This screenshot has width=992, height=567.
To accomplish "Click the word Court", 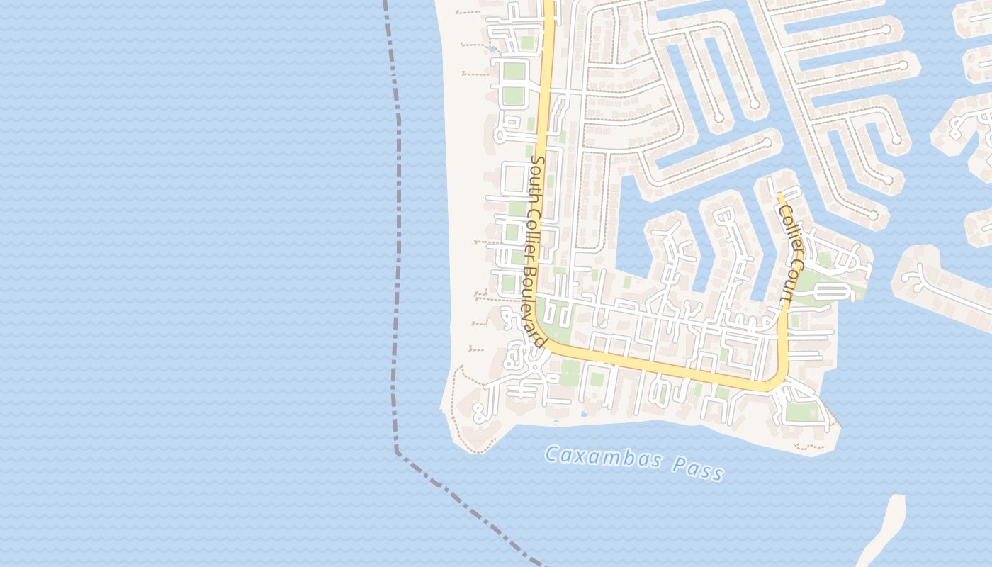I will click(x=787, y=286).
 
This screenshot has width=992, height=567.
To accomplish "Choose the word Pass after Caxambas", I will click(x=700, y=470).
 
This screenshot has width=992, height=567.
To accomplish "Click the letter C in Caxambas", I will click(x=551, y=454).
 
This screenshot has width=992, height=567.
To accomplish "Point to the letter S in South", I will click(x=537, y=161).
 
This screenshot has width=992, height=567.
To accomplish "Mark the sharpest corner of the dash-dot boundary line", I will click(x=398, y=449).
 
